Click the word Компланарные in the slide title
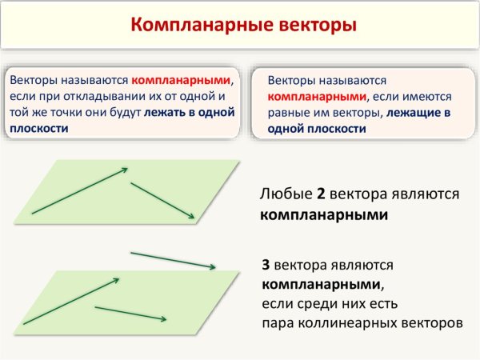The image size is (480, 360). pos(192,25)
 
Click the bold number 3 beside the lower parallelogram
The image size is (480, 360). pos(266,264)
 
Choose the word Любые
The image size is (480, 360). pos(286,194)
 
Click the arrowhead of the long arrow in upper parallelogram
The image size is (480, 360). pos(125,169)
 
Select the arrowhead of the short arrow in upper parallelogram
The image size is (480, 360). pos(192,215)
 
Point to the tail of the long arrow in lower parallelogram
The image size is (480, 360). pos(24,324)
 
